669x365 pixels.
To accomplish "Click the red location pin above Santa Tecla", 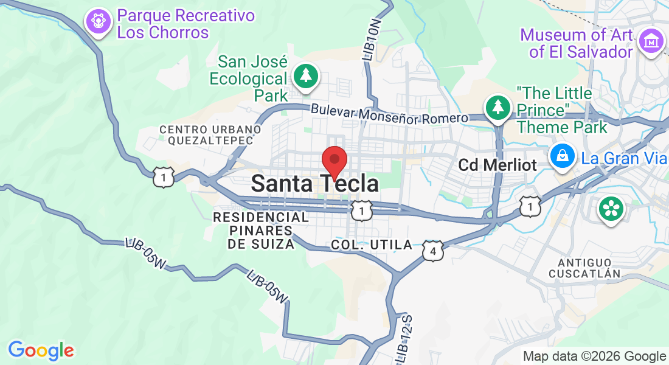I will (334, 161).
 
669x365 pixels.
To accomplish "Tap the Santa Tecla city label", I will (314, 183).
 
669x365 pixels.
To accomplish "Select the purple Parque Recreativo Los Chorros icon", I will (98, 23).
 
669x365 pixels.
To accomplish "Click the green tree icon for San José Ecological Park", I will (305, 77).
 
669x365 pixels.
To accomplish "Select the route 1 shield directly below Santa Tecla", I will (362, 211).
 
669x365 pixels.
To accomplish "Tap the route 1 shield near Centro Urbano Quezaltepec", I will (164, 177).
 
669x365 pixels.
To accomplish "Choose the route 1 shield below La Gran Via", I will (530, 207).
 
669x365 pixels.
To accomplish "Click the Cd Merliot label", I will (497, 165).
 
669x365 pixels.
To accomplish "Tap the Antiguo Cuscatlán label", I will (584, 268).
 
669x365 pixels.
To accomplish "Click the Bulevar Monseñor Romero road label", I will (389, 114).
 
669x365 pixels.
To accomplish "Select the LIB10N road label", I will (373, 39).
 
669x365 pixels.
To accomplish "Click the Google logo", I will (41, 350).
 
